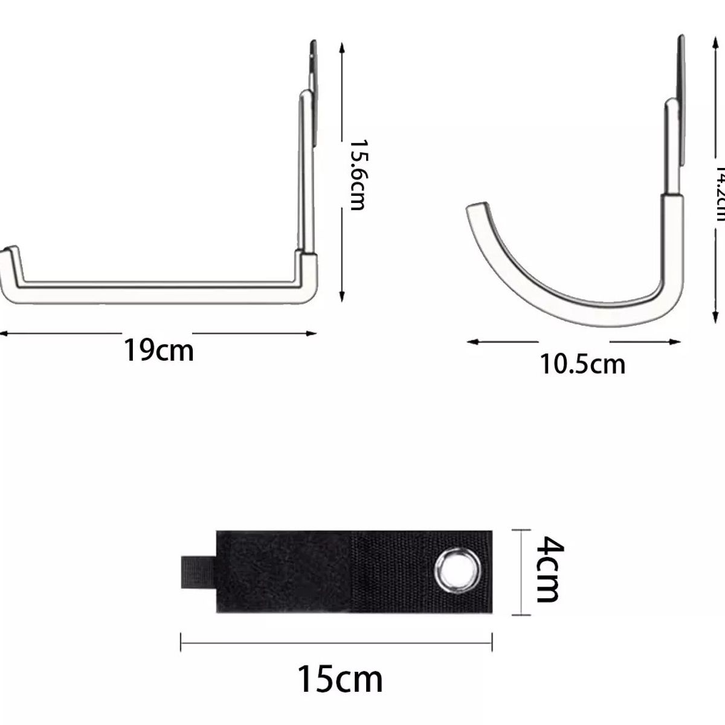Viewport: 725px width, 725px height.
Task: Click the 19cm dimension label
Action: [159, 350]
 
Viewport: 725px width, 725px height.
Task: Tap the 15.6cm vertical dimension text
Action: [358, 175]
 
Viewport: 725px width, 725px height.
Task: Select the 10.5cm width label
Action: [582, 364]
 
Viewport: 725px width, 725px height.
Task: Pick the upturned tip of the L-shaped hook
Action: [10, 251]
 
